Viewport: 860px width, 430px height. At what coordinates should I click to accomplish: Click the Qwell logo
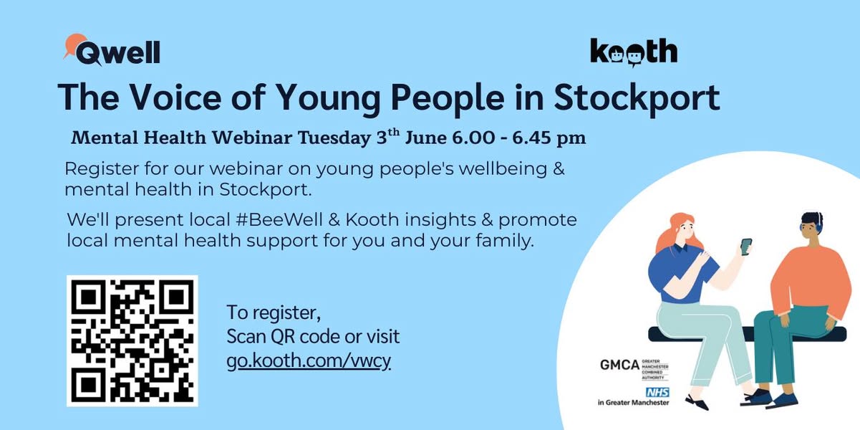(112, 50)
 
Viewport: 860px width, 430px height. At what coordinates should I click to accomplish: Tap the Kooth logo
(634, 52)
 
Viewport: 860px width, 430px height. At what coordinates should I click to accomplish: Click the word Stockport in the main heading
(637, 98)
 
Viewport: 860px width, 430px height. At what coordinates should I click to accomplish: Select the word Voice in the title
(175, 97)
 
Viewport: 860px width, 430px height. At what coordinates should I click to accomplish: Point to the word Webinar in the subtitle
(252, 138)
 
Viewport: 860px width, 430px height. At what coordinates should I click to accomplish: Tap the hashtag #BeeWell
(279, 220)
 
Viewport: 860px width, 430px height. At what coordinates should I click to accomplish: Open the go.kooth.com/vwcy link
(309, 360)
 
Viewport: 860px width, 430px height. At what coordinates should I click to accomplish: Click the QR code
(132, 341)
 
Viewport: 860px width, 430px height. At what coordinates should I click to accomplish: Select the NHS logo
(657, 392)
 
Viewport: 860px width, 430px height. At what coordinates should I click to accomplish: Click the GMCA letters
(619, 365)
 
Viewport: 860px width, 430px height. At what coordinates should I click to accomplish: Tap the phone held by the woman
(746, 247)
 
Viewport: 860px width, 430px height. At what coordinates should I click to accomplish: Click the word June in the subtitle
(426, 138)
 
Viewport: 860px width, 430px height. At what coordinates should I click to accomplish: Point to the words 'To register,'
(274, 312)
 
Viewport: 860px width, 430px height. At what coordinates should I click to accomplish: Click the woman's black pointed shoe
(697, 402)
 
